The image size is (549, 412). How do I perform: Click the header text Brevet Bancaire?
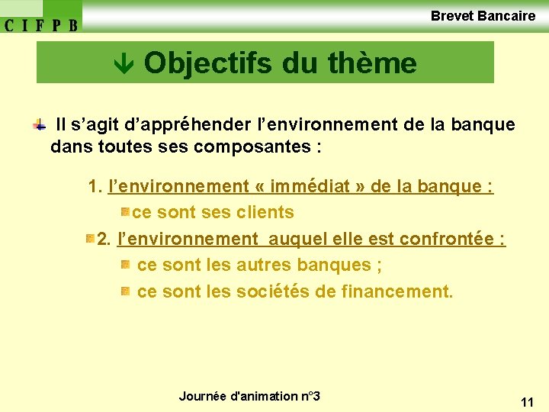[483, 15]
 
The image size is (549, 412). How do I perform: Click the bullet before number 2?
[90, 239]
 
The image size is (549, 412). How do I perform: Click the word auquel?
[293, 239]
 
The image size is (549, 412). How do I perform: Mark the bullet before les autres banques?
[125, 265]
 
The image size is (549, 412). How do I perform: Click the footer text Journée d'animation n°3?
[249, 396]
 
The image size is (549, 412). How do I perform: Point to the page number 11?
[527, 401]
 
